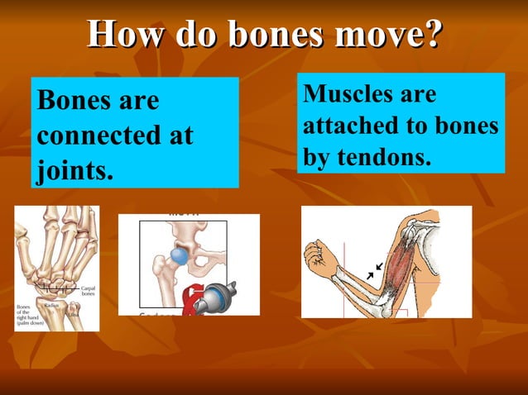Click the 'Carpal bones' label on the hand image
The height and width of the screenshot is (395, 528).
[x=88, y=291]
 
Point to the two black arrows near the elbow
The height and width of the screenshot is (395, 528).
[x=374, y=270]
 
